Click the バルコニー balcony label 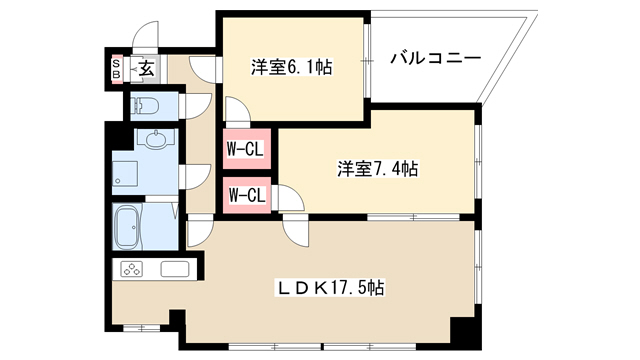pos(436,58)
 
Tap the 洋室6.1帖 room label pos(291,67)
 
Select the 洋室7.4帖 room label pos(378,169)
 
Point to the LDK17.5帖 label pos(331,288)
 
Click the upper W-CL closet pos(247,149)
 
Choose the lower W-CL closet pos(247,195)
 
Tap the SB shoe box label pos(117,69)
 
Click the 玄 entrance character pos(147,69)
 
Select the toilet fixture pos(144,107)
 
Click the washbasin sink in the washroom pos(156,140)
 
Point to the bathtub pos(127,227)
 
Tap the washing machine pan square pos(125,173)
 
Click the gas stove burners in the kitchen pos(131,269)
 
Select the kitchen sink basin pos(175,269)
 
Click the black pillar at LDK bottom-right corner pos(465,333)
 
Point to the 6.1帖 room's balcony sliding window pos(367,61)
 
